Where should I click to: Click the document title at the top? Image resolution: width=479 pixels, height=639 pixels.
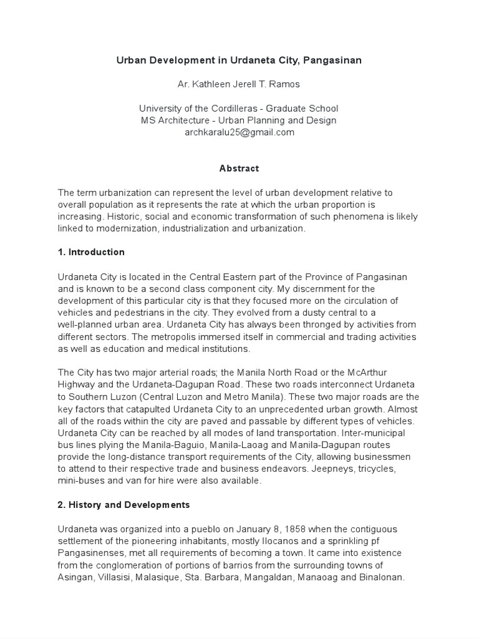coord(239,61)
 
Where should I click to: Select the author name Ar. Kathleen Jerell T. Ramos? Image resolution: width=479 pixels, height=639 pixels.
coord(239,84)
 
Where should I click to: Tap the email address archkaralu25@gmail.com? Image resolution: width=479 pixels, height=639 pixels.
coord(239,132)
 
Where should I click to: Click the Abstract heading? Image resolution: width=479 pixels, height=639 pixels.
coord(239,168)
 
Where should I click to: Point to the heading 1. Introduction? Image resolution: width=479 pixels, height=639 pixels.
coord(91,252)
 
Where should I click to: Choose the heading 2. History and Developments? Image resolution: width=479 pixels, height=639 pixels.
coord(123,504)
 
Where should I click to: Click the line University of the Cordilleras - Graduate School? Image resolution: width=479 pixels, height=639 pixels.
coord(239,109)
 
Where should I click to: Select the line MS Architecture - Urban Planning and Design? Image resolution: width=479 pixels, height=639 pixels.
coord(239,120)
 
